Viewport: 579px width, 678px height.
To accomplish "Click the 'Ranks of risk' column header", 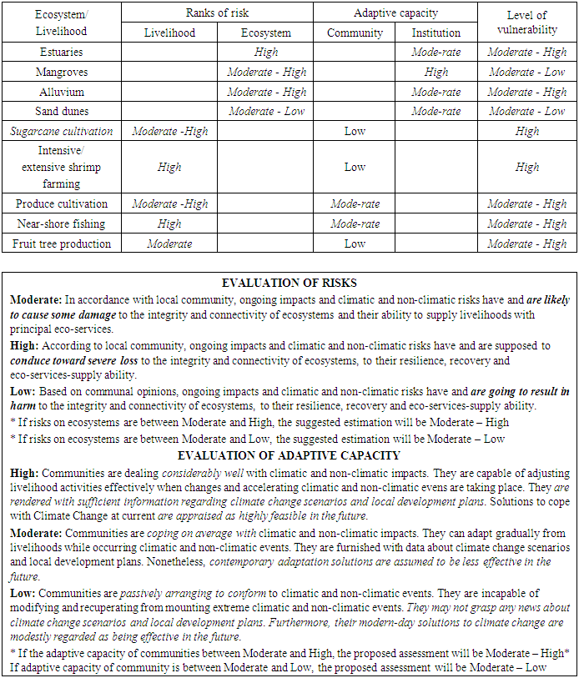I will click(x=217, y=13).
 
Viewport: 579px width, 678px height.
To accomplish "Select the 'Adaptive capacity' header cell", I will click(x=395, y=13).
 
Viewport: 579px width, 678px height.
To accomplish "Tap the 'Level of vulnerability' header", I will click(x=526, y=23).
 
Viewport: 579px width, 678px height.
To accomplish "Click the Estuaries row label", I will click(x=62, y=52).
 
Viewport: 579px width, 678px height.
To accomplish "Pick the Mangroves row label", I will click(x=62, y=72).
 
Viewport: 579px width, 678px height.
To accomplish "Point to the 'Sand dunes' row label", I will click(x=62, y=111).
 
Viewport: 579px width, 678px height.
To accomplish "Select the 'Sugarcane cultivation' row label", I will click(x=62, y=131).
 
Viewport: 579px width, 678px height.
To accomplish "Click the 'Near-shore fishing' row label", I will click(x=62, y=223).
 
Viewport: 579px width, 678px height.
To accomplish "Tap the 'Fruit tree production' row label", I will click(x=62, y=244).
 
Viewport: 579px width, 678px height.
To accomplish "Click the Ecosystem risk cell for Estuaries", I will click(x=265, y=52).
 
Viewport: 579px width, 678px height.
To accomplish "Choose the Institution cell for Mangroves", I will click(x=436, y=72).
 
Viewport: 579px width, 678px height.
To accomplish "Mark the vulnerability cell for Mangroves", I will click(x=526, y=72).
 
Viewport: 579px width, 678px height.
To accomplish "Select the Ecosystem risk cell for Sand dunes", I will click(x=265, y=111).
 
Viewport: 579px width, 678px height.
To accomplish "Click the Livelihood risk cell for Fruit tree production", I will click(x=169, y=244).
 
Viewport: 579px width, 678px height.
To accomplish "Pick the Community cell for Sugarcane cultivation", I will click(x=355, y=131).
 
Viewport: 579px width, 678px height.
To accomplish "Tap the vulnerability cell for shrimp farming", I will click(x=526, y=167).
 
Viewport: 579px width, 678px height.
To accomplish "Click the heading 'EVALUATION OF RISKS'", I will click(x=289, y=284).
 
